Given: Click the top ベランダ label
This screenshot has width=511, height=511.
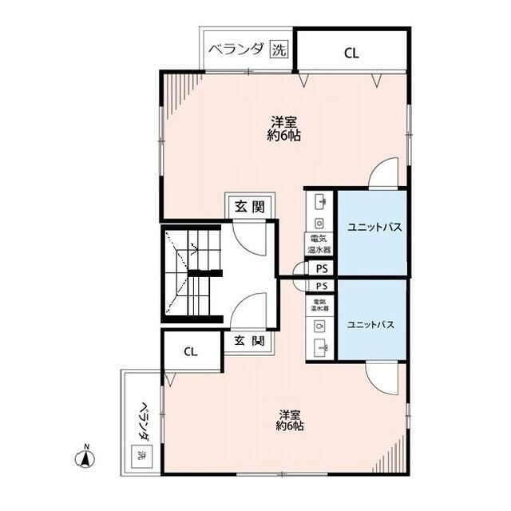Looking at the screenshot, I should pos(236,50).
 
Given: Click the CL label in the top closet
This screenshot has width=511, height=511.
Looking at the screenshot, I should pos(351,53).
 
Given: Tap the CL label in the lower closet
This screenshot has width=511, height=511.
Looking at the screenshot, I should pos(190,351).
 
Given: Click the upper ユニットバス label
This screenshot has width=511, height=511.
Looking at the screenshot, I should pos(373,228).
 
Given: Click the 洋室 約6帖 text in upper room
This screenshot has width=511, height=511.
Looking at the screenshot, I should pos(284,129).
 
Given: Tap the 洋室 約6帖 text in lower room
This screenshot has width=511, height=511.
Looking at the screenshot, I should pos(290,421).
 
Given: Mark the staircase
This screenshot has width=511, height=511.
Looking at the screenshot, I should pos(192,274).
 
